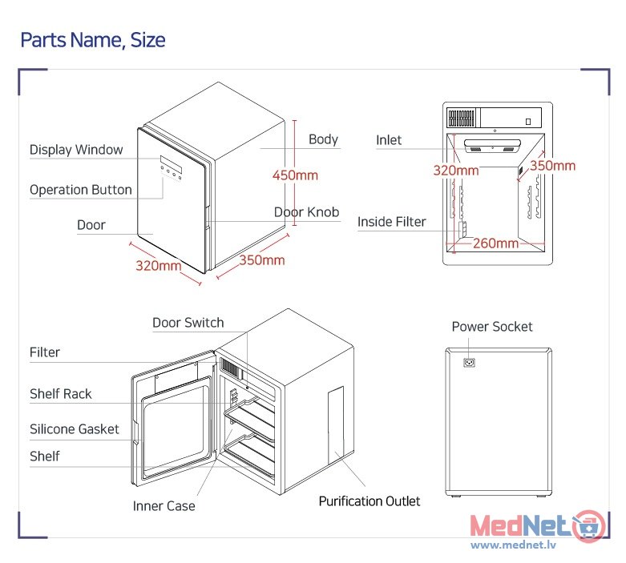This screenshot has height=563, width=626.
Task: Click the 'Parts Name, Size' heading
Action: (93, 40)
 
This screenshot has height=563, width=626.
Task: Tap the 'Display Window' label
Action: (76, 150)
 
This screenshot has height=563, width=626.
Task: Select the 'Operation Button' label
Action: (81, 190)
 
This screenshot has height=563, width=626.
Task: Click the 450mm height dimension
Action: (295, 175)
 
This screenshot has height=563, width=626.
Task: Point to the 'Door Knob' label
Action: (306, 212)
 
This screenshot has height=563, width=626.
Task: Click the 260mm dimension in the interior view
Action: (495, 243)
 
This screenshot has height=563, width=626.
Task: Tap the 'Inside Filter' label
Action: (392, 222)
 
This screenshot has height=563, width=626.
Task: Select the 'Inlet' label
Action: (389, 140)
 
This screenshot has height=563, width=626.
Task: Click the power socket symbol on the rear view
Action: (469, 362)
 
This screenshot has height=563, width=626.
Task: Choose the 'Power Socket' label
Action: (492, 327)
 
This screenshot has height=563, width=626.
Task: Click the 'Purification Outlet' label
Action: (370, 501)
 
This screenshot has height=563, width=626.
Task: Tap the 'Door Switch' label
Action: (188, 323)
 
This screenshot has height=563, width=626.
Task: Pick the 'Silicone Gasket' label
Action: (75, 429)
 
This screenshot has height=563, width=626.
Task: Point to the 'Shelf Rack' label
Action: (61, 394)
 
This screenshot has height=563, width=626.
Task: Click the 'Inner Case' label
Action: (164, 506)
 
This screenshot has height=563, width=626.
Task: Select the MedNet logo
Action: (537, 526)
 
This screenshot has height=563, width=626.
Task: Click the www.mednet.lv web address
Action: (513, 545)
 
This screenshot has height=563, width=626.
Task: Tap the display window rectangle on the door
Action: (171, 164)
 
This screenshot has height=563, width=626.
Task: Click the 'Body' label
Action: (323, 139)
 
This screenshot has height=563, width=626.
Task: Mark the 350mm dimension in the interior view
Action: (552, 166)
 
